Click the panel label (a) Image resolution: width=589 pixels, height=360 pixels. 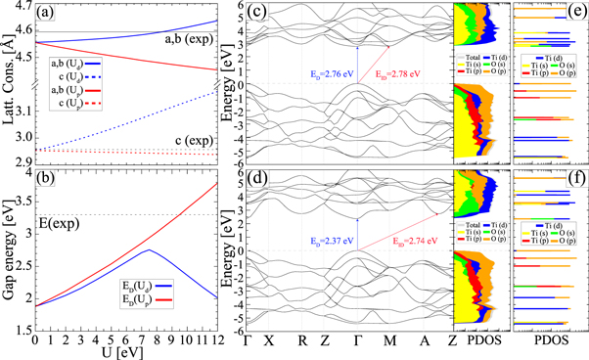[x=48, y=14]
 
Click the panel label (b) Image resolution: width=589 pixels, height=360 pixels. [x=48, y=181]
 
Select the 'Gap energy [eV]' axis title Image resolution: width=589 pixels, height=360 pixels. [x=9, y=255]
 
